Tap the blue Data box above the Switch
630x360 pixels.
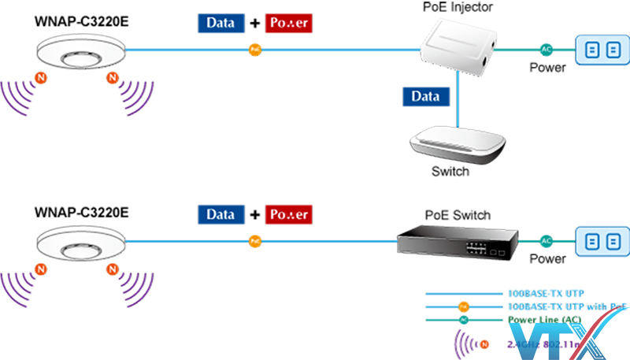click(426, 97)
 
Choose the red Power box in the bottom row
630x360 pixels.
click(289, 213)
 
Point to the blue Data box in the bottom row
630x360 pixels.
click(221, 213)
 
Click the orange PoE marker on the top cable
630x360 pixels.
click(254, 50)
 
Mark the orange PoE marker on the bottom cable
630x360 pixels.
click(254, 239)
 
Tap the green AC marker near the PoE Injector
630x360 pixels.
click(546, 50)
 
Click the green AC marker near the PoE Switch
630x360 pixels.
click(546, 240)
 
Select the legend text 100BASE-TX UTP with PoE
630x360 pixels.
click(567, 306)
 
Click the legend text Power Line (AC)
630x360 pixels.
click(544, 319)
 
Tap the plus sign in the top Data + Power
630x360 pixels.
click(254, 24)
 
